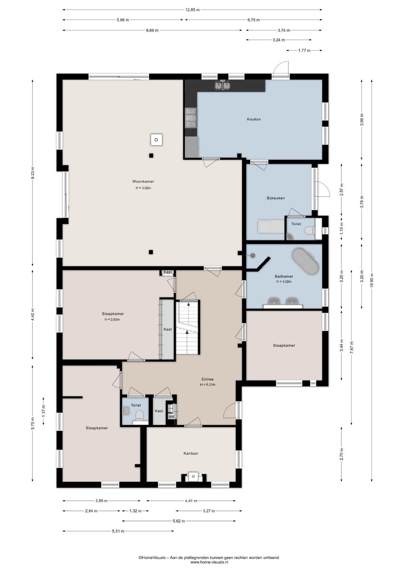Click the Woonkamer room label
pyautogui.click(x=143, y=181)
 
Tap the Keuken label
pyautogui.click(x=254, y=119)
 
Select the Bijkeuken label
pyautogui.click(x=275, y=198)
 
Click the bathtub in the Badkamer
pyautogui.click(x=305, y=261)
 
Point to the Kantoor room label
pyautogui.click(x=191, y=454)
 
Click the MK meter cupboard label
pyautogui.click(x=171, y=417)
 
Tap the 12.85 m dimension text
pyautogui.click(x=192, y=10)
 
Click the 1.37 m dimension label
pyautogui.click(x=43, y=411)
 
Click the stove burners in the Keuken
pyautogui.click(x=191, y=118)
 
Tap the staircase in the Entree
pyautogui.click(x=187, y=327)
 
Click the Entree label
pyautogui.click(x=207, y=379)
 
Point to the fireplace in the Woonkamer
pyautogui.click(x=156, y=140)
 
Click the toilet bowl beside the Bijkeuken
pyautogui.click(x=310, y=231)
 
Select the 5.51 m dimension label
pyautogui.click(x=118, y=531)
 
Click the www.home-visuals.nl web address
pyautogui.click(x=209, y=562)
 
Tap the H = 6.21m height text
pyautogui.click(x=208, y=385)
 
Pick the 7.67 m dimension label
pyautogui.click(x=352, y=347)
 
